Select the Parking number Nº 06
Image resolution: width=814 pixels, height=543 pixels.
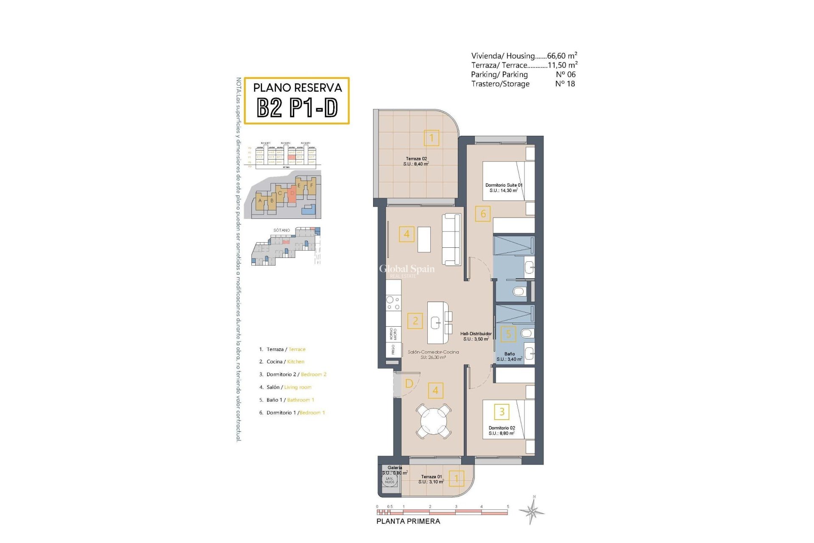click(566, 74)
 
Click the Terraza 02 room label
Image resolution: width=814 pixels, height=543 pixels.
click(416, 161)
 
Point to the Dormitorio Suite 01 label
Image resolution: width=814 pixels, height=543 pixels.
click(504, 188)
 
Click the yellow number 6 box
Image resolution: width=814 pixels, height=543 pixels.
click(483, 214)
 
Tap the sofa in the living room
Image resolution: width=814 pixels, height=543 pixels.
click(451, 239)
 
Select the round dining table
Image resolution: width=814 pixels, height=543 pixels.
click(433, 421)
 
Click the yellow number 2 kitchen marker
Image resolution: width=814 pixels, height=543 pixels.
click(415, 321)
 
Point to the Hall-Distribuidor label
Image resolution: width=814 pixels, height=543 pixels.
click(476, 336)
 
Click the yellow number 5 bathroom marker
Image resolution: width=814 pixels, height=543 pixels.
click(508, 334)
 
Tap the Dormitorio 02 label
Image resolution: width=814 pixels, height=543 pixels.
click(502, 430)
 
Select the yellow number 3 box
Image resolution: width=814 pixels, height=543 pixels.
click(502, 411)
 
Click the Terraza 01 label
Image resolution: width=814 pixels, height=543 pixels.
click(431, 479)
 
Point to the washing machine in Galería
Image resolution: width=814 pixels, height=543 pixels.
click(389, 480)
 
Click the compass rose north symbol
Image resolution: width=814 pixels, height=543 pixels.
click(532, 510)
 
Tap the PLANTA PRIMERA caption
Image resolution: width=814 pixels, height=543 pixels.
click(408, 521)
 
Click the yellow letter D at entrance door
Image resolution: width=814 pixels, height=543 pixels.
click(409, 383)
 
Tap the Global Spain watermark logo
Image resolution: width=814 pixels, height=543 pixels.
click(406, 270)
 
